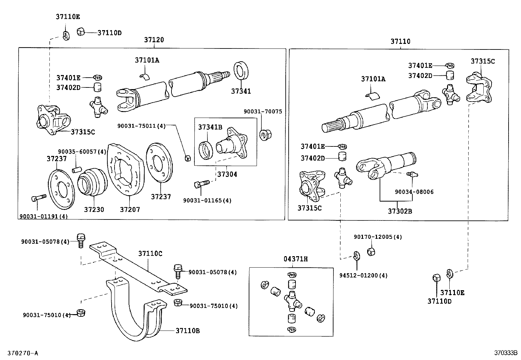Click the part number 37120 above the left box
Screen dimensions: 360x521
pos(154,40)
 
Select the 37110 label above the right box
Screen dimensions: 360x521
pos(400,42)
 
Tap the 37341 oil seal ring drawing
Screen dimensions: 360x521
pos(241,69)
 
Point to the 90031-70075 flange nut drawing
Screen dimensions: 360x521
pos(264,135)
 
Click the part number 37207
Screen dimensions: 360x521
pos(130,210)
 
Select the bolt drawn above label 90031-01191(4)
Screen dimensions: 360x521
pos(38,198)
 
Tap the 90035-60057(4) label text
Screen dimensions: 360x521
pos(82,152)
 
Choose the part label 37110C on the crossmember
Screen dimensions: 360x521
pos(150,254)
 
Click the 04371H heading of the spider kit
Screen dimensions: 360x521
pos(295,259)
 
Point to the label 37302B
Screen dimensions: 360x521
pos(400,211)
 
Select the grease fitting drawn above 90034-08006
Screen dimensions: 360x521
pos(412,175)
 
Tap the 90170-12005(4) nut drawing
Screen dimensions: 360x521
pos(371,252)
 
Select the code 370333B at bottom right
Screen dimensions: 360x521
pos(506,353)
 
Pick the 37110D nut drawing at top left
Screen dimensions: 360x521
pos(81,32)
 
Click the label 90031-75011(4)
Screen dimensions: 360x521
pos(142,125)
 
